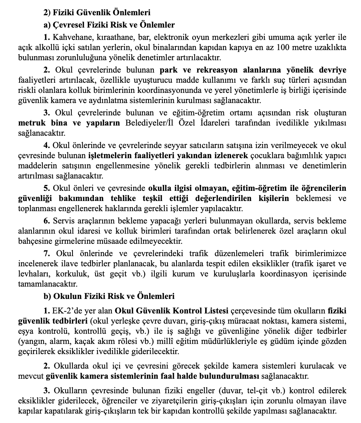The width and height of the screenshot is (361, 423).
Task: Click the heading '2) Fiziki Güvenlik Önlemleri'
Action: click(97, 13)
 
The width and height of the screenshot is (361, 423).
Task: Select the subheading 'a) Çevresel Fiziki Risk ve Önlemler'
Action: click(109, 25)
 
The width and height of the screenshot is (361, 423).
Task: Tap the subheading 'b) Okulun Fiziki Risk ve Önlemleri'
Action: click(109, 296)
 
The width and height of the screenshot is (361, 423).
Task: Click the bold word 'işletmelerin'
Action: click(108, 156)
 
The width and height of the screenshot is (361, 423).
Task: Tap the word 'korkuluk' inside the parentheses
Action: click(59, 274)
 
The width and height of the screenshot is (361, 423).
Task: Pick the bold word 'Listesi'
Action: click(213, 311)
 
